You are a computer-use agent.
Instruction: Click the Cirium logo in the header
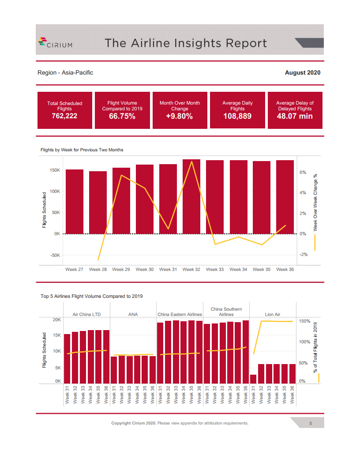(56, 43)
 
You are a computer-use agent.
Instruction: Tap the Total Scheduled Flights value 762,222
(64, 116)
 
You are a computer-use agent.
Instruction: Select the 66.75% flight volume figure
(122, 116)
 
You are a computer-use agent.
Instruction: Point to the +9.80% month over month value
(180, 116)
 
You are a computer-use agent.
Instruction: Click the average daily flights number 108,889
(237, 116)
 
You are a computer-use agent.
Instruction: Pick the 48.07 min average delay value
(295, 116)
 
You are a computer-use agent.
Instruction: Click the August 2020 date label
(303, 72)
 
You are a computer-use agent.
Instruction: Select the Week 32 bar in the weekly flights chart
(191, 196)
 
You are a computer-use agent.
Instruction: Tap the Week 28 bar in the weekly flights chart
(98, 202)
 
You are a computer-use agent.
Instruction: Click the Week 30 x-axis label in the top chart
(145, 269)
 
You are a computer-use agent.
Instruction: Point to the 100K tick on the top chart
(55, 192)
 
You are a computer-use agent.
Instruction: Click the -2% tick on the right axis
(303, 255)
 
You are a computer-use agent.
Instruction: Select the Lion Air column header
(273, 314)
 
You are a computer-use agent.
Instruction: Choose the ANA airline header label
(133, 314)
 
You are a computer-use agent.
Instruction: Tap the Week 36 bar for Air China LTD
(106, 356)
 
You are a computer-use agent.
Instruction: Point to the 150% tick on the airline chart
(305, 321)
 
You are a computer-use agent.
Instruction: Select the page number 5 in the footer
(311, 423)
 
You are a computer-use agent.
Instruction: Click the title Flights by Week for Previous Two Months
(82, 150)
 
